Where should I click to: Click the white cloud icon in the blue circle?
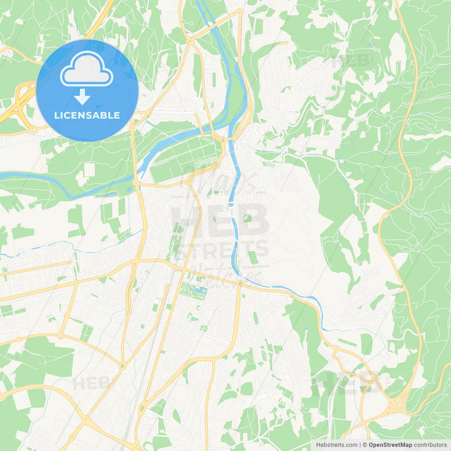[87, 69]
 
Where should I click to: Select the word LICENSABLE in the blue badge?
[87, 115]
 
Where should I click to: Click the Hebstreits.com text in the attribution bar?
[336, 445]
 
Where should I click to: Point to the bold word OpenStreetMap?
[390, 445]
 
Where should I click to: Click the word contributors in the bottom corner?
[430, 445]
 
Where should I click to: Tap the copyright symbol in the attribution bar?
[365, 445]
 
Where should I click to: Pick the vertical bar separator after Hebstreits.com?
[360, 445]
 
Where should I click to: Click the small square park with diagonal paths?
[204, 328]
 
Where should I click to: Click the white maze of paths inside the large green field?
[206, 162]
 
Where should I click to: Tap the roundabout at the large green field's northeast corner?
[223, 141]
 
